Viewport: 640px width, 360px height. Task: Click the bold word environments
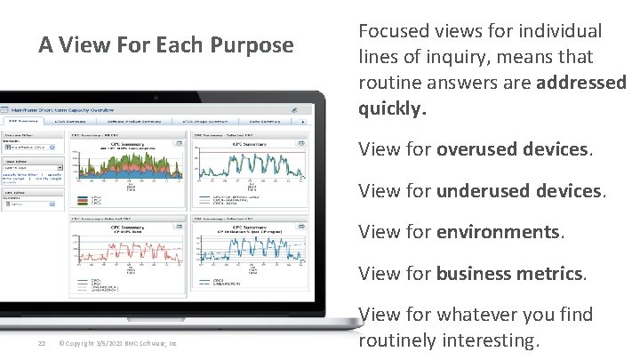pyautogui.click(x=497, y=233)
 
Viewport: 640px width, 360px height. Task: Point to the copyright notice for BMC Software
pyautogui.click(x=116, y=344)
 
